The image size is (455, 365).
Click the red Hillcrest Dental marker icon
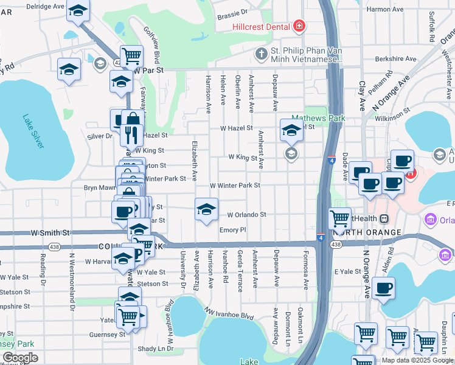coord(299,26)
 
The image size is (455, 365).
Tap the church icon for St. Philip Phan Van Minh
coord(261,52)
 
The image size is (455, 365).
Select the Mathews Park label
coord(318,118)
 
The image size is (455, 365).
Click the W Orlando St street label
coord(247,215)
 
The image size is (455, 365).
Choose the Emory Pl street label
coord(232,230)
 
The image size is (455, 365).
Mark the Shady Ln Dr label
coord(156,349)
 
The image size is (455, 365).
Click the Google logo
coord(19,358)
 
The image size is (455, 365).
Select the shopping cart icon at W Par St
coord(131,56)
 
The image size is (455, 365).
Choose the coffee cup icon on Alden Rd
coord(384,288)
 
